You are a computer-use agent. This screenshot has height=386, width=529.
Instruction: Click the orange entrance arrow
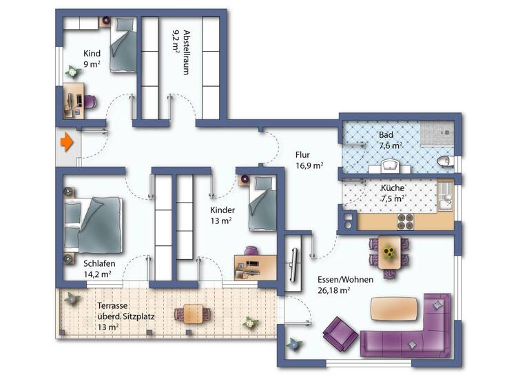66,143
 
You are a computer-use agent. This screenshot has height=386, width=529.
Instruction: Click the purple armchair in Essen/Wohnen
340,332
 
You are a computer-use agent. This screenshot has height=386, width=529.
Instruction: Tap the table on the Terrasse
188,314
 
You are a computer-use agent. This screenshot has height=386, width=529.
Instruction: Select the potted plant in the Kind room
72,71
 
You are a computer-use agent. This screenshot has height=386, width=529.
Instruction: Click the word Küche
393,187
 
